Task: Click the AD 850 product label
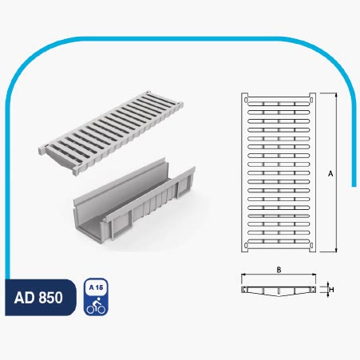38,298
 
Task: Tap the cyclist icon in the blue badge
96,306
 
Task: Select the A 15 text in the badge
96,287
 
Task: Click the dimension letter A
330,174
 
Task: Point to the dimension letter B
279,270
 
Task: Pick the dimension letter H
331,289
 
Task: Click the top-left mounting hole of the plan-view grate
246,100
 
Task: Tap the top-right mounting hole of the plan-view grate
311,100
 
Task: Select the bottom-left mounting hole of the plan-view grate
246,245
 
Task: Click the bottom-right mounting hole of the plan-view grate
311,245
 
